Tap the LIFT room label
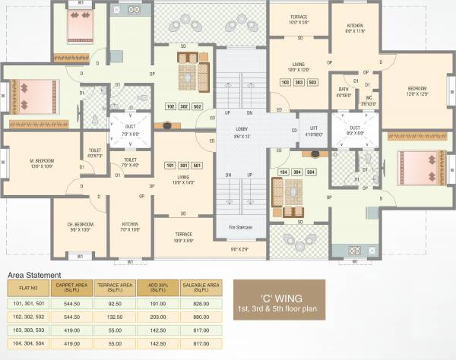[x=312, y=129]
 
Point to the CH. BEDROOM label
[x=80, y=225]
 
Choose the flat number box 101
[x=170, y=165]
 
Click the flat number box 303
[x=299, y=81]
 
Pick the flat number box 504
[x=311, y=172]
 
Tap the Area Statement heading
[x=34, y=274]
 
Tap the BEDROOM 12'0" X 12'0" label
[x=411, y=90]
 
